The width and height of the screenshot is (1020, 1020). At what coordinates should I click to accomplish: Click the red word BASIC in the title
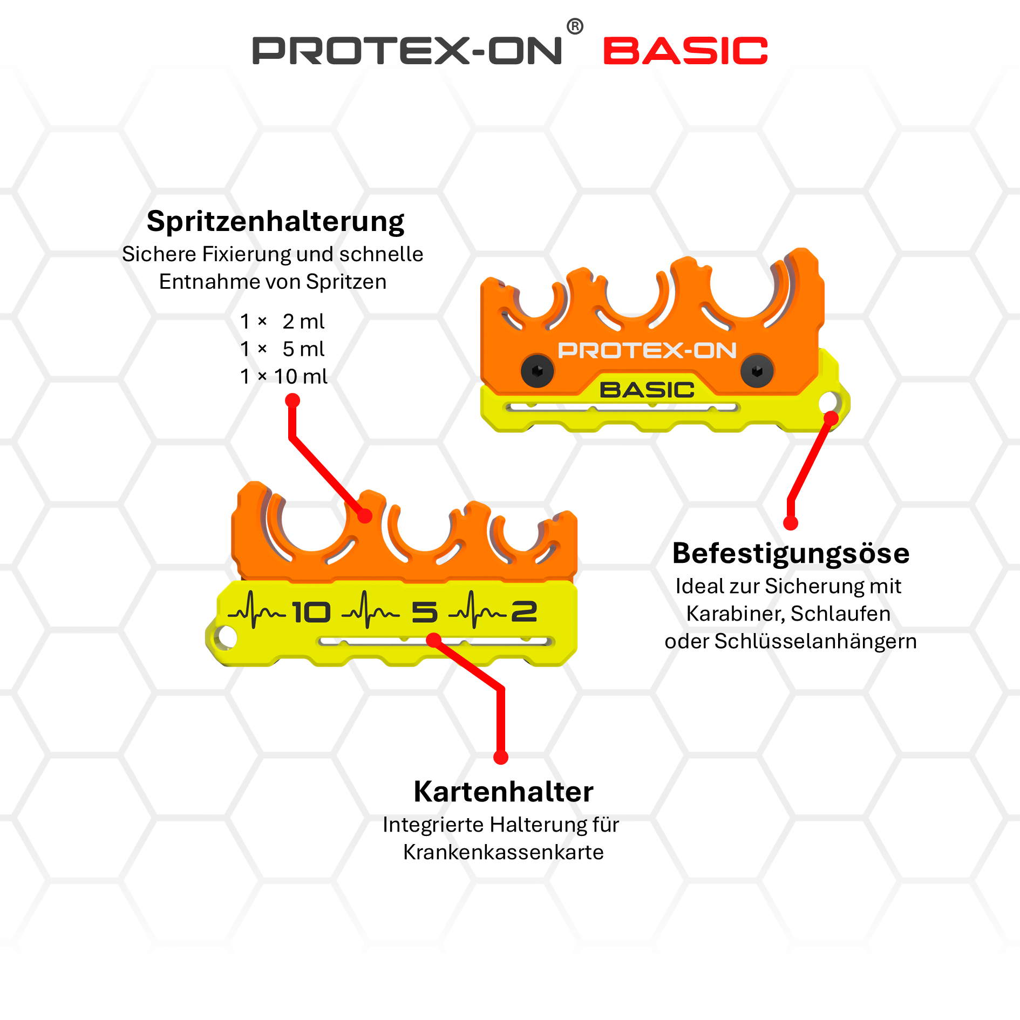(685, 51)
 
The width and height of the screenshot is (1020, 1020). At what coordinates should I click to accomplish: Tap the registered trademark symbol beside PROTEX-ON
(575, 26)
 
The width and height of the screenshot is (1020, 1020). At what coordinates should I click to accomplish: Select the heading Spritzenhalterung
(275, 221)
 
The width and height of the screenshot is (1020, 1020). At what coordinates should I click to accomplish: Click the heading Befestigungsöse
(791, 553)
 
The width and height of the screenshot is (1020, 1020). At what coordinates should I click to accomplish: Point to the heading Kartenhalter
(503, 792)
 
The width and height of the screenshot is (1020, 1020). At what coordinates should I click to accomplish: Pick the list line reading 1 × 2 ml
(282, 322)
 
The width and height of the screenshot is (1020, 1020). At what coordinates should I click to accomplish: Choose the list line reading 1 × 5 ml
(282, 349)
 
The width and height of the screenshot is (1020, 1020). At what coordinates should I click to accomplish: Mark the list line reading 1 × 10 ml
(283, 377)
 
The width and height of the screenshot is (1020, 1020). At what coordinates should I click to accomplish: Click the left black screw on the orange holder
(537, 371)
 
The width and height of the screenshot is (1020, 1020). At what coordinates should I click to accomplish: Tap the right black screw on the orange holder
(757, 371)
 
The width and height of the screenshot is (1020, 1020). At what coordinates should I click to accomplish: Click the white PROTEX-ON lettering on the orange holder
(647, 351)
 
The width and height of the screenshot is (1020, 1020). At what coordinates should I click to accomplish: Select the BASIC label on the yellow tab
(647, 390)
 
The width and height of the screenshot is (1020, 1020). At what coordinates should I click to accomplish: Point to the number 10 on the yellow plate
(311, 613)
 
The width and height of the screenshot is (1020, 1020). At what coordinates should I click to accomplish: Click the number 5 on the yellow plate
(424, 613)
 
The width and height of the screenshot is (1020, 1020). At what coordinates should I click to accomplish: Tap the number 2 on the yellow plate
(524, 611)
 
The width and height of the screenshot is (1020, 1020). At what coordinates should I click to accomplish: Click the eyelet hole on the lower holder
(227, 637)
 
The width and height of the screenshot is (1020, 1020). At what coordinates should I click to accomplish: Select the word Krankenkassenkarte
(503, 852)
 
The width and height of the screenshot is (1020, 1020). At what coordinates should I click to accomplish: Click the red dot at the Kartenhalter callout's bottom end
(501, 757)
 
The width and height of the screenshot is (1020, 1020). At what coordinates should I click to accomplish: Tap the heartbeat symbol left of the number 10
(256, 611)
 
